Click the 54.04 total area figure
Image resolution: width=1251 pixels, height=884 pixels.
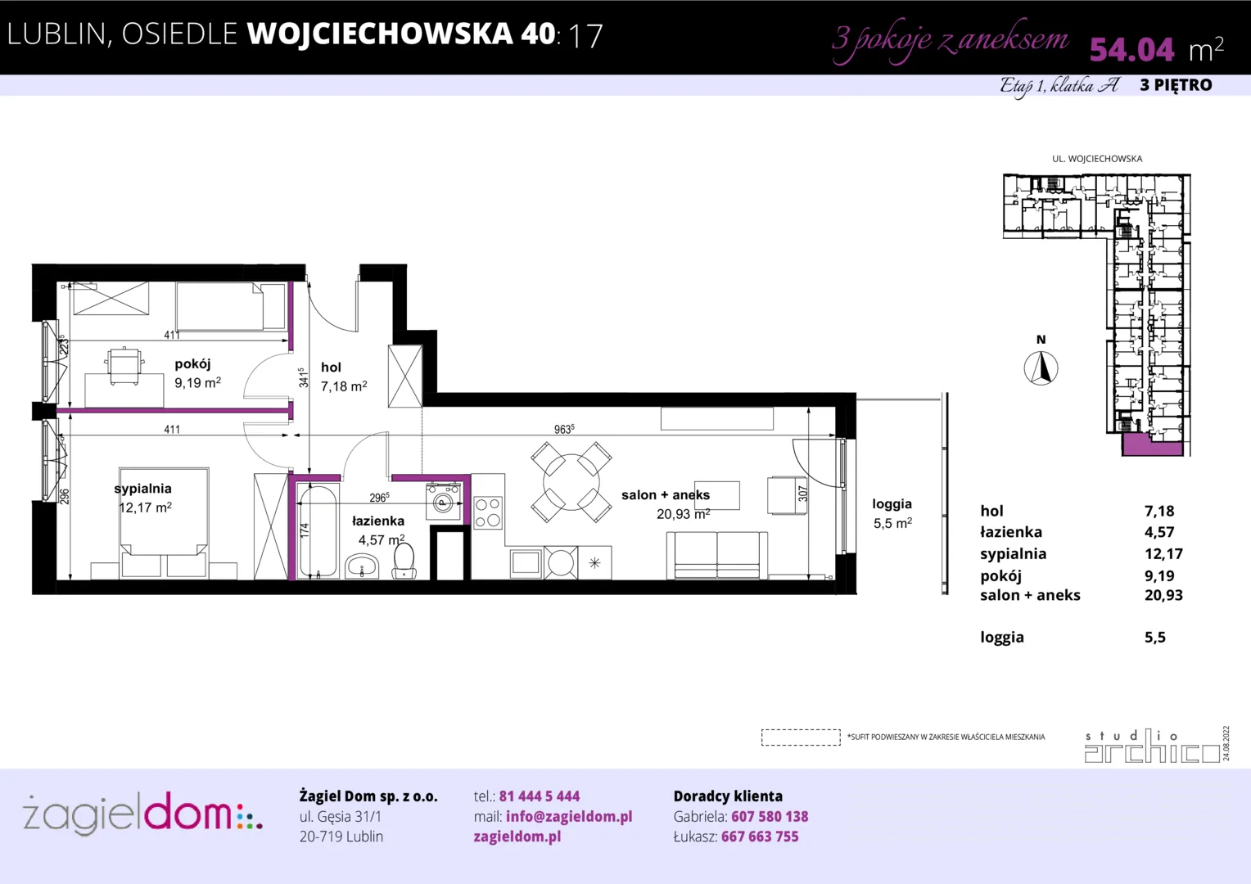[1131, 49]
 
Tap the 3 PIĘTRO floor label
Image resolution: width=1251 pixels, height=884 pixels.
[1176, 85]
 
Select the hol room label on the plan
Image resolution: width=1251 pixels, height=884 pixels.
[331, 367]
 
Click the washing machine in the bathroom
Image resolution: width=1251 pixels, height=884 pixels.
[444, 502]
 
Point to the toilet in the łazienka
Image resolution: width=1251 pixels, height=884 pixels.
[404, 561]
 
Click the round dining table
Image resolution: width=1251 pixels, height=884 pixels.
[571, 482]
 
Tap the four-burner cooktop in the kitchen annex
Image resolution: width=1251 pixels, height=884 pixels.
[488, 512]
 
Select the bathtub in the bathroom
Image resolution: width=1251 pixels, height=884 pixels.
[317, 530]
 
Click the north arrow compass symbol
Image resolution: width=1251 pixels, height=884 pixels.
[1041, 368]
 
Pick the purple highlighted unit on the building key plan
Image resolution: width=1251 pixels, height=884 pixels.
[1152, 445]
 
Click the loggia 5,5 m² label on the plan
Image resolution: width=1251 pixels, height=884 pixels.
[892, 513]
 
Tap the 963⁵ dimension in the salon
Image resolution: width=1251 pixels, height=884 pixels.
[564, 429]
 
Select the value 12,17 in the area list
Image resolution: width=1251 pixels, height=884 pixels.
[1163, 554]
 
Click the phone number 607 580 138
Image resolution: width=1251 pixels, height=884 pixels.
[770, 816]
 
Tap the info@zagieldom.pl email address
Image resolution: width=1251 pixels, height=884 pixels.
[569, 816]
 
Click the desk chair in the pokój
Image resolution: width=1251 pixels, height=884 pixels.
[124, 366]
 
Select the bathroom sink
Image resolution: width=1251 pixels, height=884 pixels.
[362, 566]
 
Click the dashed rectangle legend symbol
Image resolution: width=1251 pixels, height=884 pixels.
[801, 737]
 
